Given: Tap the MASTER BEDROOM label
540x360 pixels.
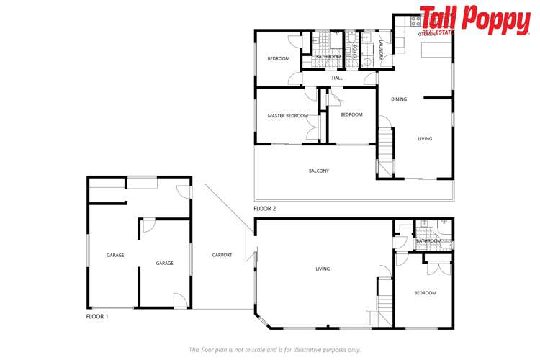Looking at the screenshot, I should pyautogui.click(x=287, y=116).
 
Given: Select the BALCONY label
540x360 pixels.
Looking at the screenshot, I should pyautogui.click(x=318, y=171).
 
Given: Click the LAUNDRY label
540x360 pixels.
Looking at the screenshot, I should pyautogui.click(x=371, y=50).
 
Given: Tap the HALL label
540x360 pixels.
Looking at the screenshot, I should pyautogui.click(x=337, y=78).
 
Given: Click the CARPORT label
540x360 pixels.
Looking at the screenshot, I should pyautogui.click(x=222, y=255).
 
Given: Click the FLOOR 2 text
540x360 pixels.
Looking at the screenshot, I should pyautogui.click(x=264, y=209).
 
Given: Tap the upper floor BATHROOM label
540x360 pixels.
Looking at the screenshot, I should pyautogui.click(x=328, y=56).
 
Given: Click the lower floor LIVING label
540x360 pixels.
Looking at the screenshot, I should pyautogui.click(x=322, y=269).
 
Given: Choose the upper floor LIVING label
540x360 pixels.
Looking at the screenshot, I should pyautogui.click(x=425, y=138).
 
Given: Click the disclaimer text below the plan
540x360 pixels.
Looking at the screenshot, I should pyautogui.click(x=274, y=350).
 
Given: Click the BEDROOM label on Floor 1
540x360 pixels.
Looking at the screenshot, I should pyautogui.click(x=425, y=293).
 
